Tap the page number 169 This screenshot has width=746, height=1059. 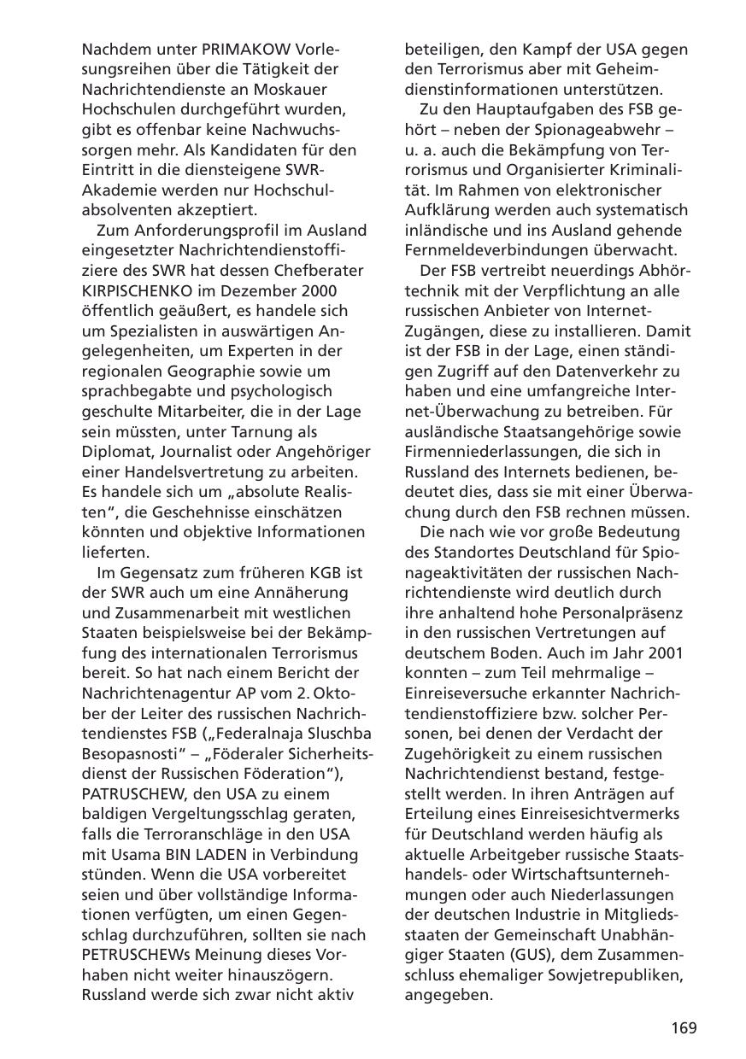click(683, 1027)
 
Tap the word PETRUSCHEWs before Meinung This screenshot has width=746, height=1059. click(144, 955)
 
